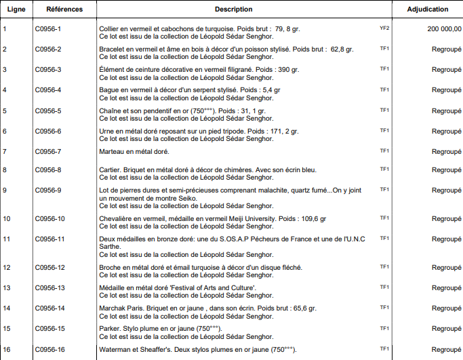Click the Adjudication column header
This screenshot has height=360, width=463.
[x=428, y=9]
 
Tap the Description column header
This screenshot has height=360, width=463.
[x=234, y=9]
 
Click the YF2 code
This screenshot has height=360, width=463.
[x=384, y=28]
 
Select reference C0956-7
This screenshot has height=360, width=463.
[x=48, y=151]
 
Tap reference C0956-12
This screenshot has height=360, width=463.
[x=49, y=268]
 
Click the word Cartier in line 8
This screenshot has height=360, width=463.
[x=109, y=169]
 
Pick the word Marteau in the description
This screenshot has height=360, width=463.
[x=112, y=151]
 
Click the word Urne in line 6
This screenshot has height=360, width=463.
[x=106, y=131]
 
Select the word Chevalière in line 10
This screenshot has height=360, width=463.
[x=115, y=218]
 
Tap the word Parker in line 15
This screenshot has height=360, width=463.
[x=108, y=329]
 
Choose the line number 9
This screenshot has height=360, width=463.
[x=5, y=190]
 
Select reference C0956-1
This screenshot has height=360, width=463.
[x=48, y=29]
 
